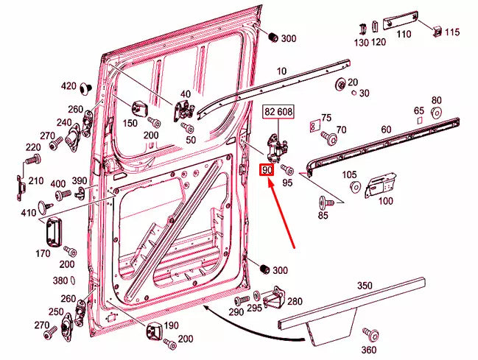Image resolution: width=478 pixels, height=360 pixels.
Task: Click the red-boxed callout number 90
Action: pyautogui.click(x=267, y=170)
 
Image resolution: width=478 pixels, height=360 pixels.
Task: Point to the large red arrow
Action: pyautogui.click(x=284, y=213)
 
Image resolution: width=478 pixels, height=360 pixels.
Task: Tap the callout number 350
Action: pyautogui.click(x=365, y=284)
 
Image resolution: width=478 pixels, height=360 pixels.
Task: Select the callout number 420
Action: pyautogui.click(x=68, y=86)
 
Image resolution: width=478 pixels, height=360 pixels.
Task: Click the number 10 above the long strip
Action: pyautogui.click(x=281, y=71)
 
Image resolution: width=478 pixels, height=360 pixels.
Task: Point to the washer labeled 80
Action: pyautogui.click(x=436, y=113)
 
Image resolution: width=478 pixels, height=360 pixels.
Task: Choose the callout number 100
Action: pyautogui.click(x=386, y=200)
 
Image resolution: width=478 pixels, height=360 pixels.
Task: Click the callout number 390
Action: pyautogui.click(x=79, y=181)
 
